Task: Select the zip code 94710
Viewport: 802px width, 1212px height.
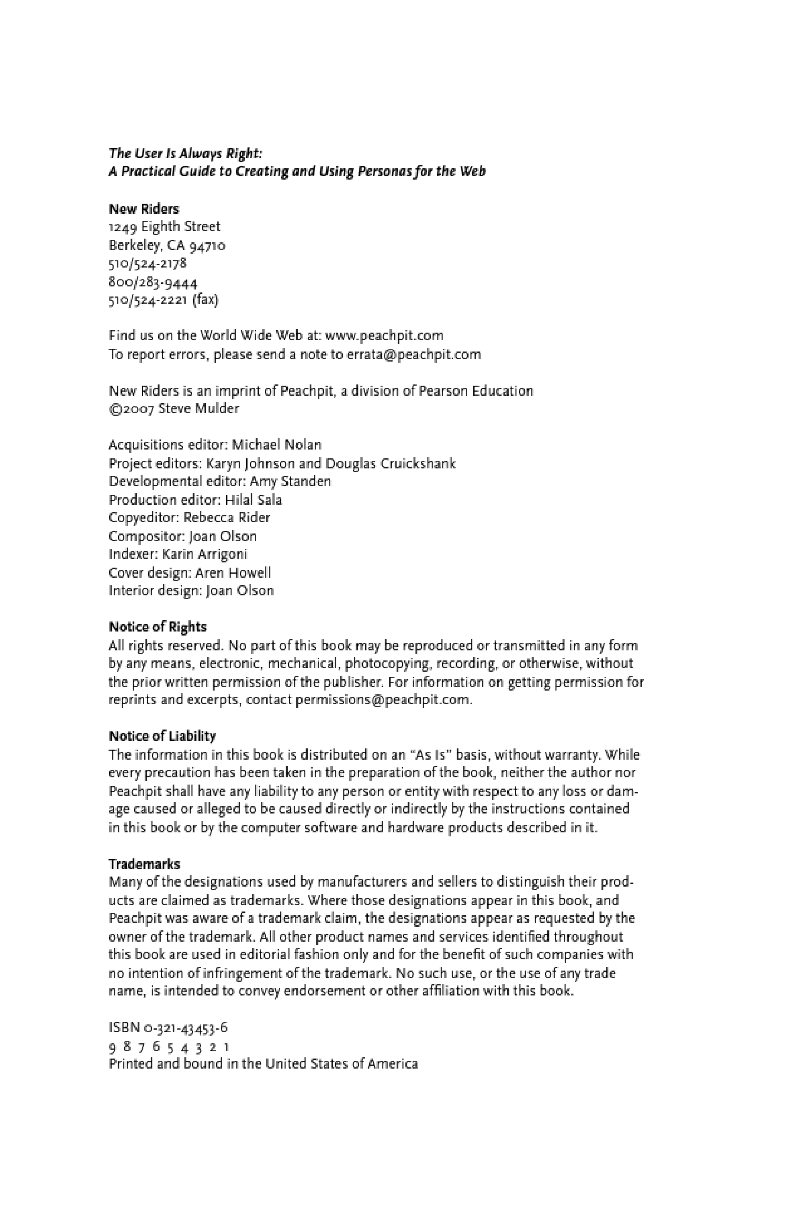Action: click(x=207, y=246)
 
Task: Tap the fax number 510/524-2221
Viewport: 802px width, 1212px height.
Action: click(x=147, y=300)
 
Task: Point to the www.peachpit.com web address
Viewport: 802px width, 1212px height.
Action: click(x=384, y=336)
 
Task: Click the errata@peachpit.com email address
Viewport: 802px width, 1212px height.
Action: click(x=414, y=354)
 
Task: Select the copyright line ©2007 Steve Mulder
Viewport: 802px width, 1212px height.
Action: click(x=174, y=409)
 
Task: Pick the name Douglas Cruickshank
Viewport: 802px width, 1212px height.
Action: click(x=390, y=463)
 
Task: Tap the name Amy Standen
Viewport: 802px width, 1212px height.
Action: click(x=290, y=481)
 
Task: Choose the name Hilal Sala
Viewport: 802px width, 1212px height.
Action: click(x=253, y=500)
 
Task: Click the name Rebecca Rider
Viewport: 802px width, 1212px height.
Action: click(x=227, y=517)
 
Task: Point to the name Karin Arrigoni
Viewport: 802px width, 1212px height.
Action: click(x=205, y=554)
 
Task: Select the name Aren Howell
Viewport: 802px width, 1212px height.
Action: click(x=233, y=572)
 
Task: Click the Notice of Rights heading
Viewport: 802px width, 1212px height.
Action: click(x=158, y=627)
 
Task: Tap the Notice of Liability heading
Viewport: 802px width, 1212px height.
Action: click(x=162, y=736)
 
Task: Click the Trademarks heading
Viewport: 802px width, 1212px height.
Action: click(x=144, y=864)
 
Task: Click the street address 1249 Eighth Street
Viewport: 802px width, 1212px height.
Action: click(x=164, y=227)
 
